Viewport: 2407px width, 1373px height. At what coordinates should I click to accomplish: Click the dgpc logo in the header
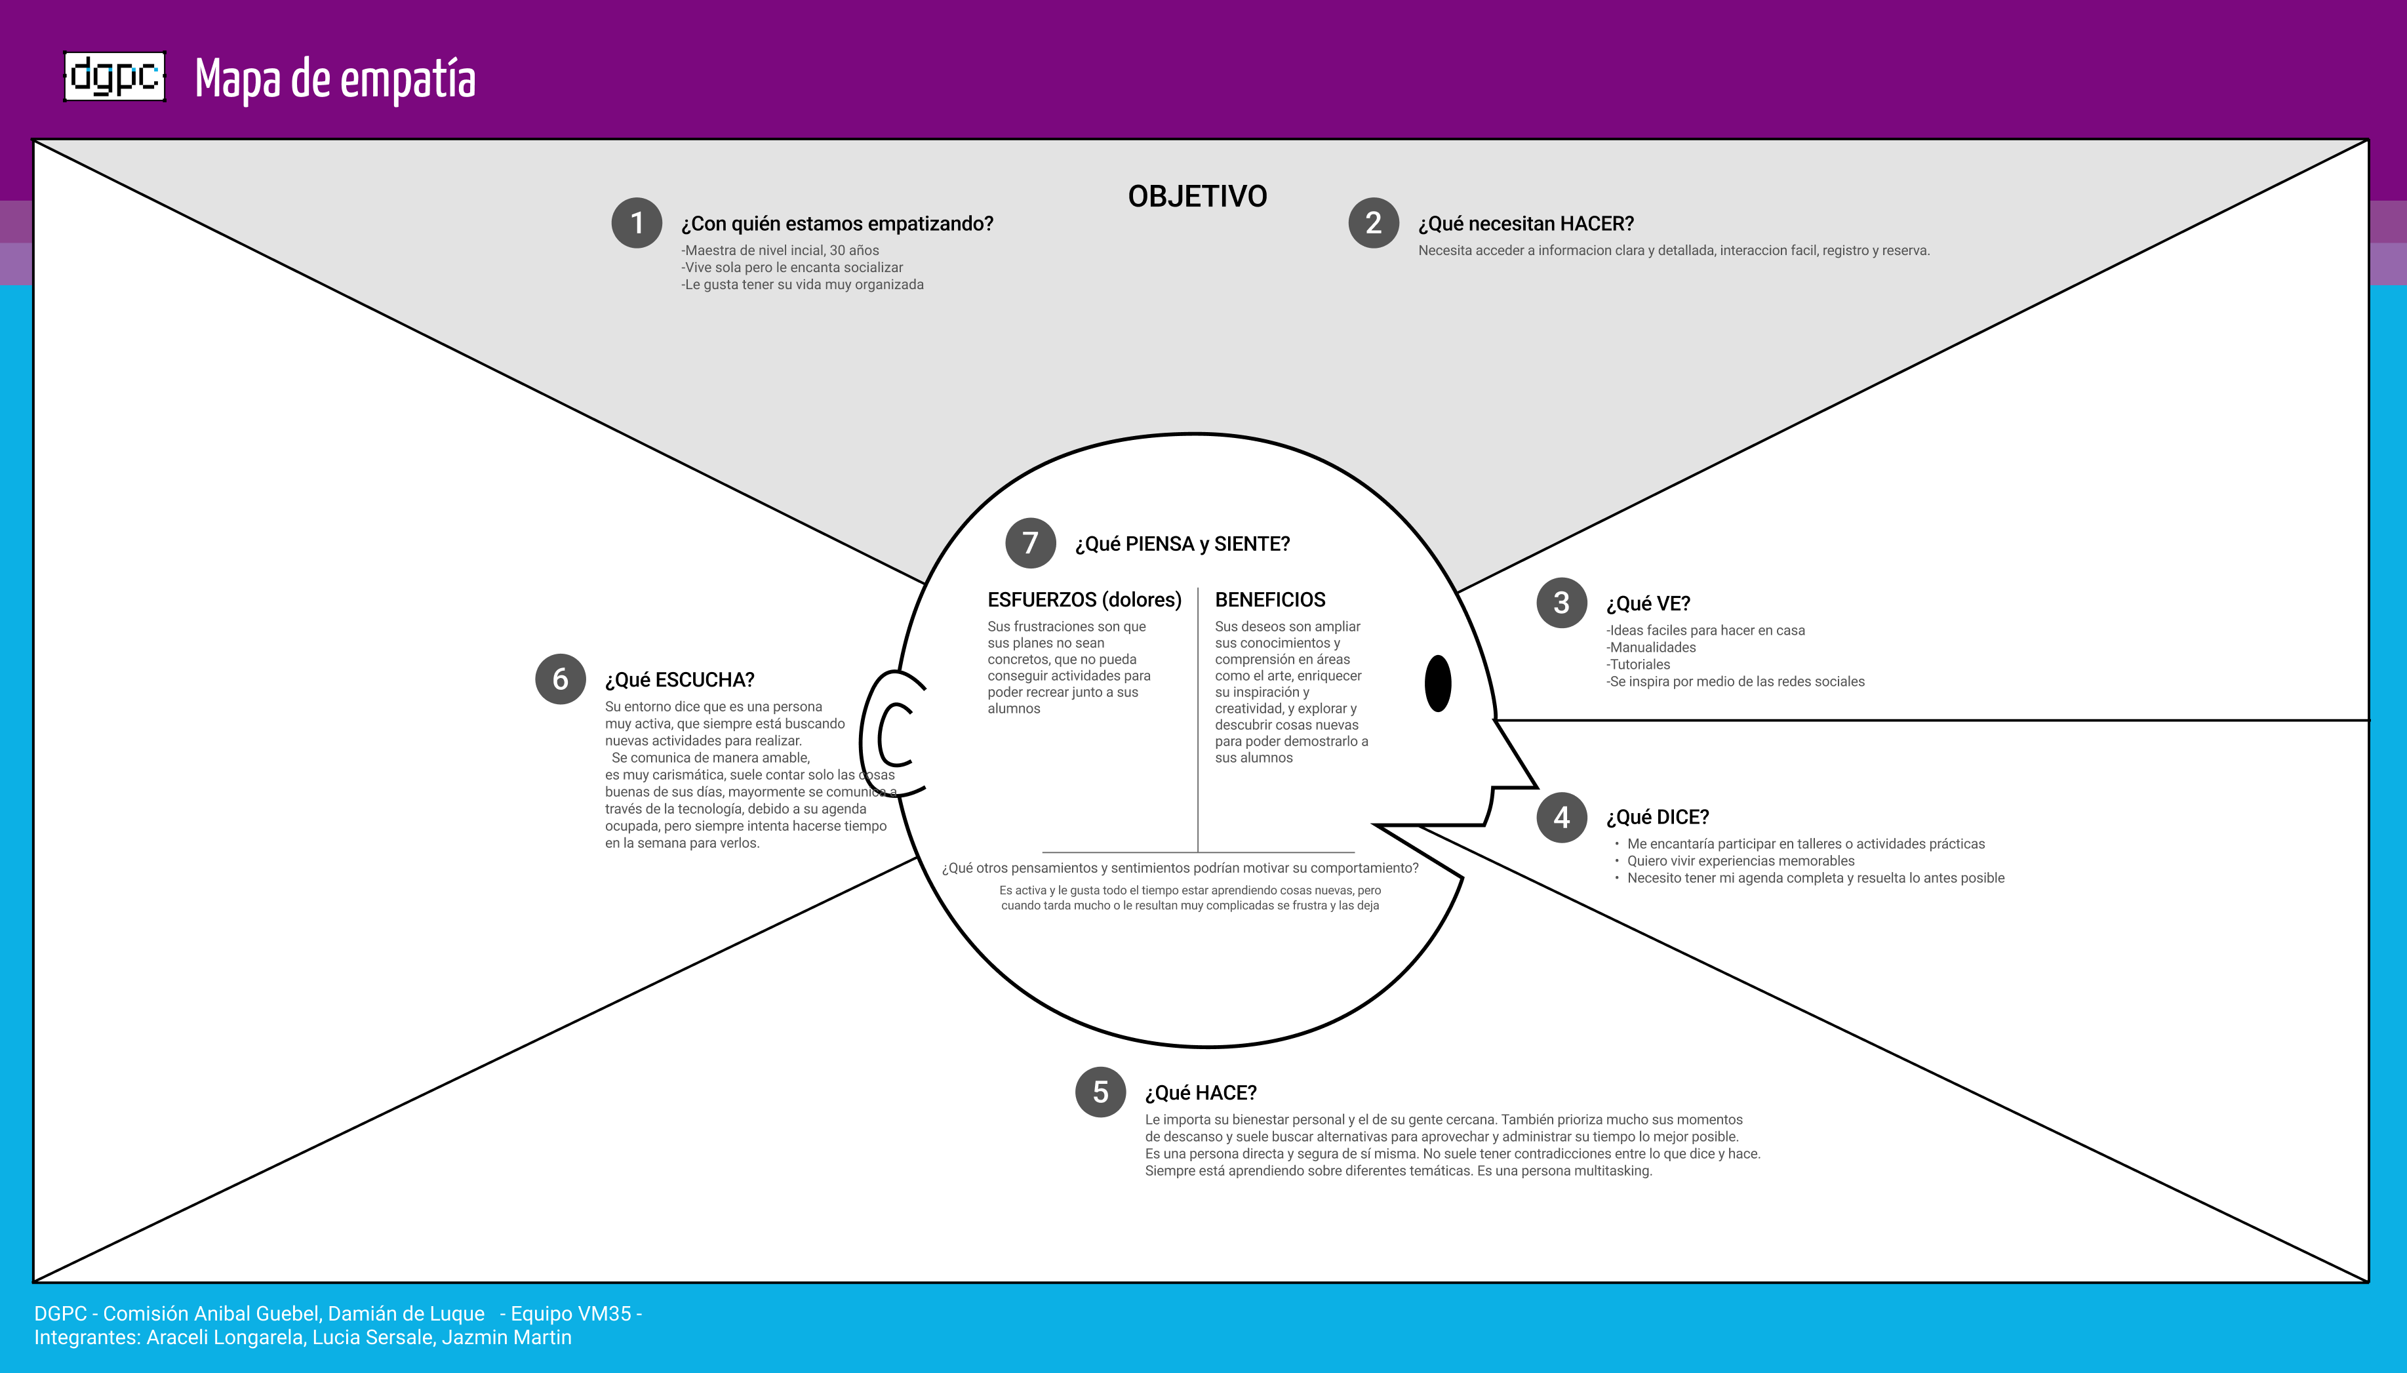(115, 76)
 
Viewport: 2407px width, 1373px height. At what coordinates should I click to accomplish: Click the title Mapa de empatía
(334, 79)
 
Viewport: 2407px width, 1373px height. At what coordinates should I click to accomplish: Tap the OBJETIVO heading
(1197, 196)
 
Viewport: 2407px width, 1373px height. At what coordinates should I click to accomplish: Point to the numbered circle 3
(1561, 603)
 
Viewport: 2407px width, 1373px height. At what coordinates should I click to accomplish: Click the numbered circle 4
(1561, 816)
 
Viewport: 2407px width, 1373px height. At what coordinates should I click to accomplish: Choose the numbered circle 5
(1100, 1092)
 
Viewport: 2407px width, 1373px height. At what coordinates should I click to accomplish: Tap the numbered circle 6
(560, 679)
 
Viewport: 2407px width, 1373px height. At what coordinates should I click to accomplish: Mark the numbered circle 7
(1031, 543)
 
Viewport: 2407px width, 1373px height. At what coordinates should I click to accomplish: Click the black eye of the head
(1438, 684)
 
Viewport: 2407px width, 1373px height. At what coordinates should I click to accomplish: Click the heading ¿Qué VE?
(1648, 603)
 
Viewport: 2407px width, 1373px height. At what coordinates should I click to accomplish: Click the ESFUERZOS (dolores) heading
(1084, 600)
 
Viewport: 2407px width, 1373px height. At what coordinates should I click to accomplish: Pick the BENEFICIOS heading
(1270, 600)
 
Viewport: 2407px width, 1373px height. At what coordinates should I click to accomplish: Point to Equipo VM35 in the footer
(570, 1313)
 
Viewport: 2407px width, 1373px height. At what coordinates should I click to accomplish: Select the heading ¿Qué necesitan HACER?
(1526, 224)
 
